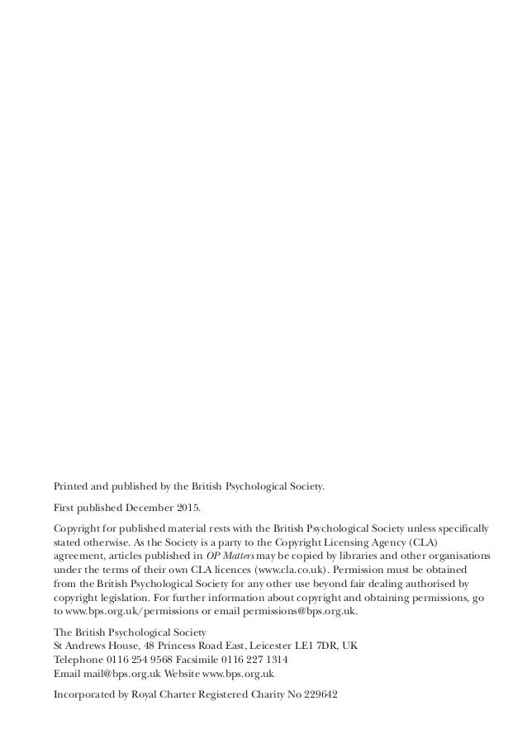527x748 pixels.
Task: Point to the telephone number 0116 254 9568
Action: click(141, 660)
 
